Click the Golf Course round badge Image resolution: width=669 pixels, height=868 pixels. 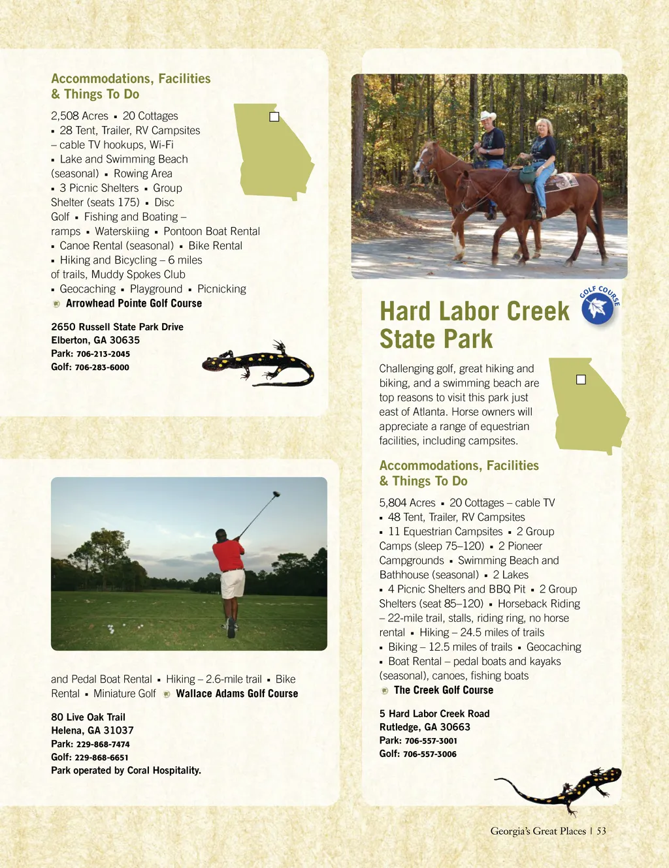tap(597, 307)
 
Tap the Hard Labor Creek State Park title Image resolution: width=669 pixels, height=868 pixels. tap(474, 325)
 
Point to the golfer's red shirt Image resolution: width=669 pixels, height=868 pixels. tap(229, 554)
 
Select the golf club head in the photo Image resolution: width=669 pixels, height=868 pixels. tap(276, 494)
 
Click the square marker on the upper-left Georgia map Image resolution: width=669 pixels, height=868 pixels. tap(274, 117)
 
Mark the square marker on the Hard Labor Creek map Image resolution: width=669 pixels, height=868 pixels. tap(581, 380)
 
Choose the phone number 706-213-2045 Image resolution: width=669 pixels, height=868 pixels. tap(103, 354)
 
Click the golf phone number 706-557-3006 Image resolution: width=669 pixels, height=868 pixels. tap(430, 754)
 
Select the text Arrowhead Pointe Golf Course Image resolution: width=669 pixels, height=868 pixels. tap(134, 303)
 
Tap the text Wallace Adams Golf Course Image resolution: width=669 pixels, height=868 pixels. tap(237, 694)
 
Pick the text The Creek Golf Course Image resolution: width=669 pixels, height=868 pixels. tap(444, 690)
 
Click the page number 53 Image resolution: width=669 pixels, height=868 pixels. tap(601, 831)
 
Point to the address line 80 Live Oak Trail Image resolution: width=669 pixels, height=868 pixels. tap(88, 717)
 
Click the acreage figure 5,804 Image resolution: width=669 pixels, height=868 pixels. tap(393, 503)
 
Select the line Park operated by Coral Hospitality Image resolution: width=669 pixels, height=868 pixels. tap(126, 771)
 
